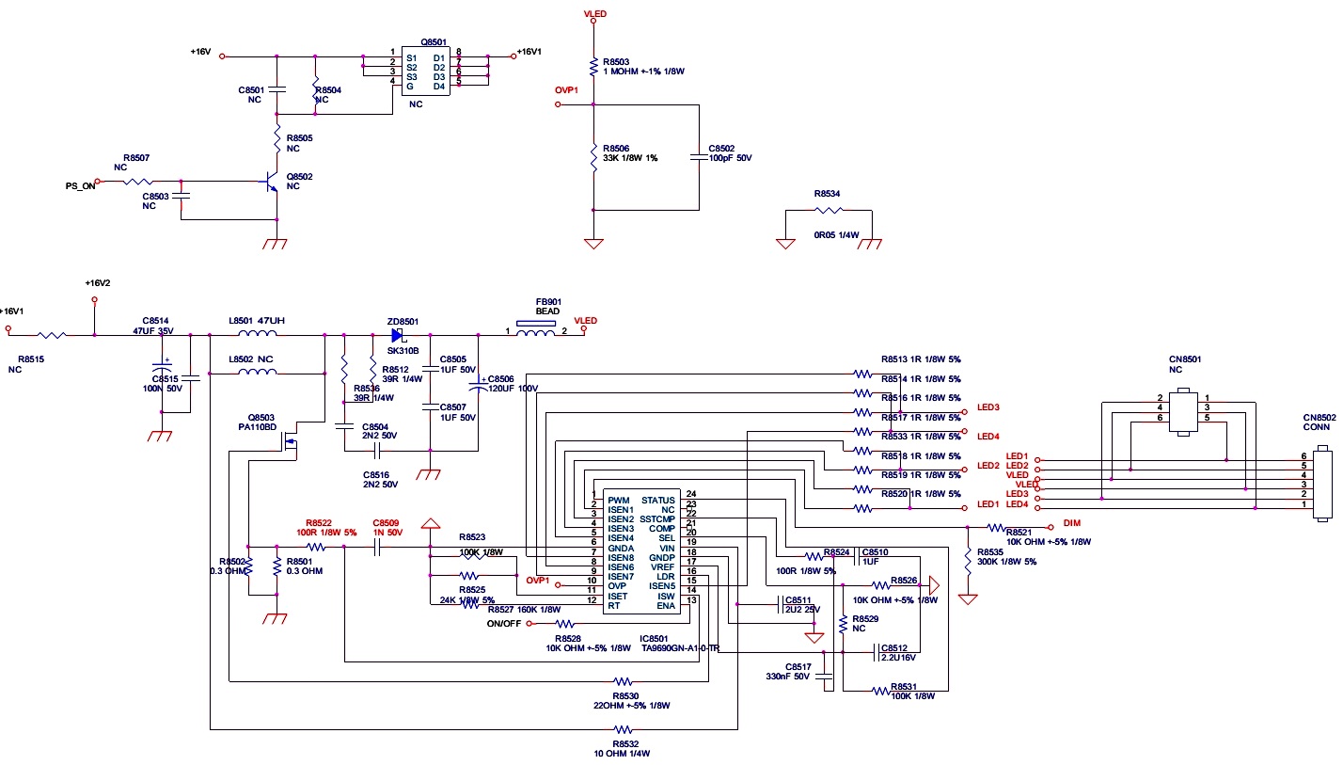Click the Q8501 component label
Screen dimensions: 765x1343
pyautogui.click(x=434, y=41)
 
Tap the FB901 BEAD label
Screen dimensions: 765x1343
pyautogui.click(x=547, y=306)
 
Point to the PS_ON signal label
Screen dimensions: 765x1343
pyautogui.click(x=80, y=186)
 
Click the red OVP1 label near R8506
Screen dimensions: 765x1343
pyautogui.click(x=567, y=90)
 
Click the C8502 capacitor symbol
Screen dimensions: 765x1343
pyautogui.click(x=699, y=157)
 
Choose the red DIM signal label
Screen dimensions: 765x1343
pyautogui.click(x=1071, y=522)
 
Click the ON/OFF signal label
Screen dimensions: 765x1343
pyautogui.click(x=503, y=624)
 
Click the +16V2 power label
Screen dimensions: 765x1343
pyautogui.click(x=97, y=283)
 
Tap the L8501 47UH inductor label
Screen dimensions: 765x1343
pyautogui.click(x=256, y=321)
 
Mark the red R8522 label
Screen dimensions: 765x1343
pyautogui.click(x=319, y=522)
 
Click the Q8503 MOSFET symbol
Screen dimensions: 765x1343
pyautogui.click(x=292, y=443)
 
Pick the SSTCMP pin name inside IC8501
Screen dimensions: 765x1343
pyautogui.click(x=657, y=519)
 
